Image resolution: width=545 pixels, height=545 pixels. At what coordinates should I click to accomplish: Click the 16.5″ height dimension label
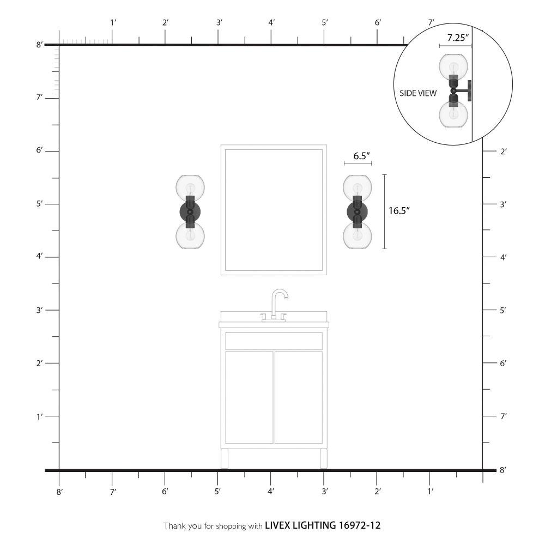click(x=399, y=210)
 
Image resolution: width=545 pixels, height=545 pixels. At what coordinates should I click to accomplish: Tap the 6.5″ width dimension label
click(x=361, y=156)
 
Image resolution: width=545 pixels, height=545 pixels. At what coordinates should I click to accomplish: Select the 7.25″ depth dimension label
click(x=458, y=38)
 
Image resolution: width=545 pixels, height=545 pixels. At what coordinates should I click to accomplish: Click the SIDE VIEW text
click(x=418, y=93)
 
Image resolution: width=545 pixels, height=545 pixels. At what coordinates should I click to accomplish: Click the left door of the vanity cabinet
click(x=249, y=397)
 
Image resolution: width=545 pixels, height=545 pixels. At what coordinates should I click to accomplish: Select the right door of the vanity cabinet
click(x=299, y=397)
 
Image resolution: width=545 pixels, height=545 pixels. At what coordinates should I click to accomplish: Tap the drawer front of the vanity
click(x=274, y=341)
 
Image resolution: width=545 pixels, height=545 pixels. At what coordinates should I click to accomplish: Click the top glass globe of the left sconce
click(x=190, y=187)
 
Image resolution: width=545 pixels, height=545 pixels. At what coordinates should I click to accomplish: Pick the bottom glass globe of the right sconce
click(x=358, y=235)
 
